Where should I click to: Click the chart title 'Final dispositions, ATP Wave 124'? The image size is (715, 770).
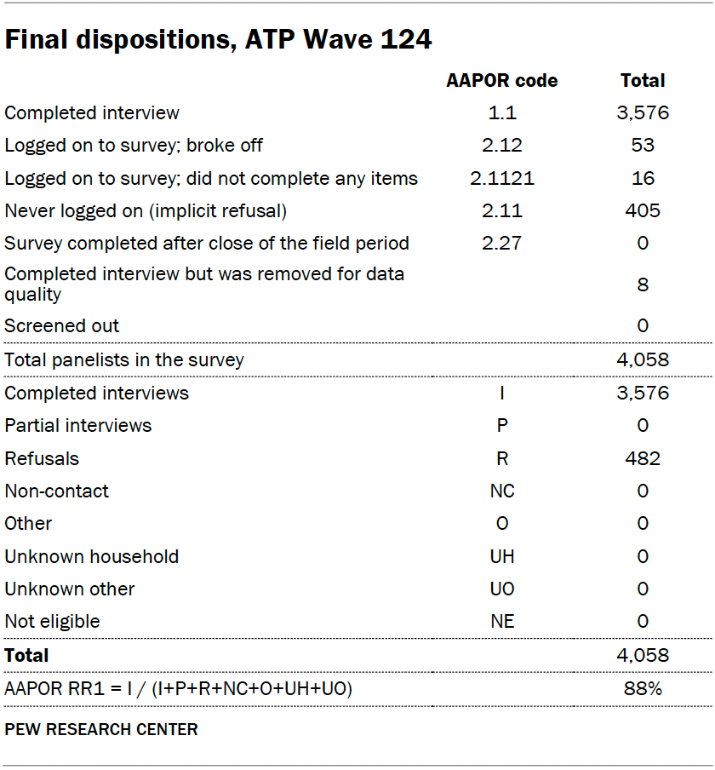(x=219, y=39)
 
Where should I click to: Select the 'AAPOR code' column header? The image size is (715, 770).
(x=502, y=81)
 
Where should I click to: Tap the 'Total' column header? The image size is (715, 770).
(x=643, y=81)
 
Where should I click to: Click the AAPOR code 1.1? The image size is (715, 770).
(x=502, y=112)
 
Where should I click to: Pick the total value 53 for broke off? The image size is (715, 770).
(x=643, y=145)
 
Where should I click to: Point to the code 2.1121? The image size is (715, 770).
(x=502, y=178)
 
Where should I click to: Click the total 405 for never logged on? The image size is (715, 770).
(x=643, y=210)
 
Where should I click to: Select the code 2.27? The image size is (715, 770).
(x=502, y=243)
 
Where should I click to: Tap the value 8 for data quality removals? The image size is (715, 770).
(x=643, y=284)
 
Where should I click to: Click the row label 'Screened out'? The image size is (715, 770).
(x=62, y=325)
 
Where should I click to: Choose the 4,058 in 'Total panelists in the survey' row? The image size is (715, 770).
(x=643, y=359)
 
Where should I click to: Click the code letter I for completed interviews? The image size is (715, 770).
(x=502, y=393)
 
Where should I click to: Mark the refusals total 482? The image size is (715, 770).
(x=643, y=458)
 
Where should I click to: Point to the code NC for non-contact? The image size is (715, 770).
(x=502, y=491)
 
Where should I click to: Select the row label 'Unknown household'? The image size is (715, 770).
(x=92, y=556)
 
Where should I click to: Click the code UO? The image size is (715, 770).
(x=502, y=589)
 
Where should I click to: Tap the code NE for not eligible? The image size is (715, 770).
(x=502, y=621)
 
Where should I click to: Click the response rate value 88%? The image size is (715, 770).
(x=643, y=688)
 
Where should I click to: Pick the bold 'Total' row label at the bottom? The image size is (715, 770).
(x=26, y=655)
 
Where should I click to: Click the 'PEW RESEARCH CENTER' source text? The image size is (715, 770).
(x=101, y=729)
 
